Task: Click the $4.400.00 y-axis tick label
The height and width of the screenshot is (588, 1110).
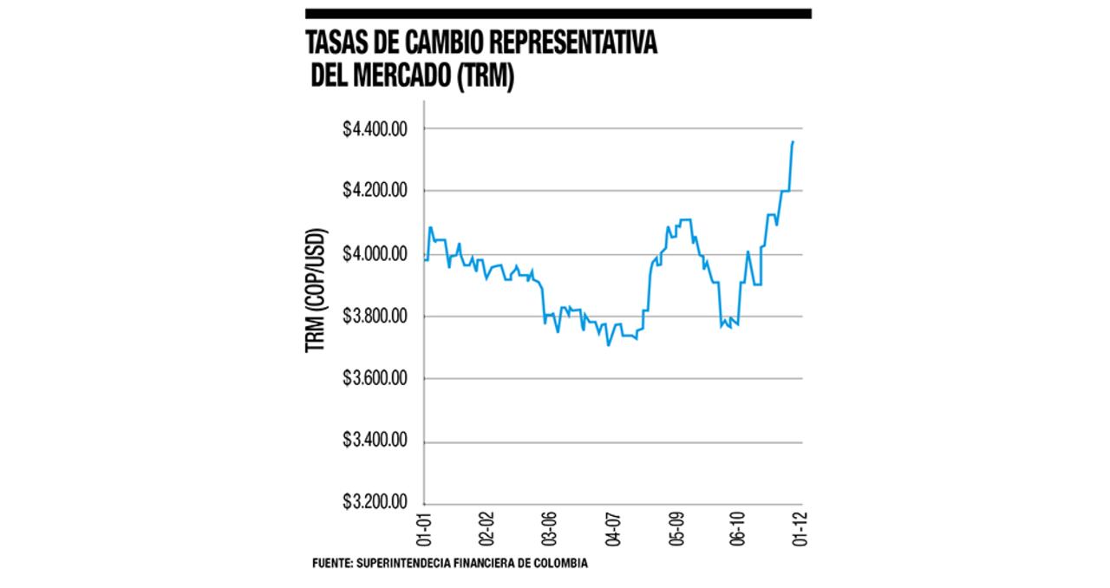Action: [x=375, y=129]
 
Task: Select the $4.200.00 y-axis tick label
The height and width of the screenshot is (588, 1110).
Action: [x=375, y=192]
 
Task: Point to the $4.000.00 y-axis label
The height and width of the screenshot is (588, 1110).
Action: [x=375, y=254]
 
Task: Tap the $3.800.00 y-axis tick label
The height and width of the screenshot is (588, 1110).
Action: [x=375, y=317]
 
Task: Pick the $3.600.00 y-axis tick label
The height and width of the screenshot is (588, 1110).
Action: [x=375, y=379]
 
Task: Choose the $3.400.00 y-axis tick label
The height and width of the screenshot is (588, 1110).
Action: [x=375, y=441]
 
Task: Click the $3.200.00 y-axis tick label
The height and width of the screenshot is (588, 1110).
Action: [x=375, y=503]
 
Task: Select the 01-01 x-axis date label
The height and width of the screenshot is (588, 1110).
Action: [x=425, y=529]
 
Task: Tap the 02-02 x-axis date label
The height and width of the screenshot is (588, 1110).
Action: [x=487, y=529]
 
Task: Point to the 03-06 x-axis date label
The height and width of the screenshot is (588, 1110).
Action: [x=550, y=529]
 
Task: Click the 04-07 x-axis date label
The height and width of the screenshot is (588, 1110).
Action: [x=613, y=529]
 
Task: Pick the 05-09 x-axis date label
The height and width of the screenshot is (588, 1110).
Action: [x=676, y=529]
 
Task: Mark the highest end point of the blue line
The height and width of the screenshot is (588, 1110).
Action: [x=793, y=141]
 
